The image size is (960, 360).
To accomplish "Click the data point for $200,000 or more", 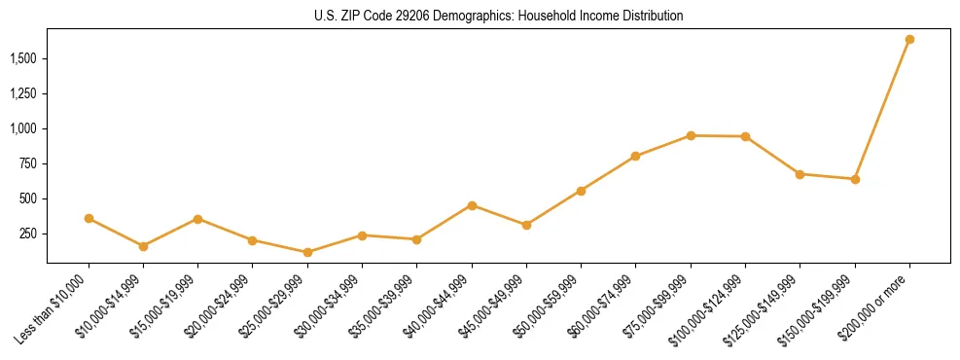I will [x=909, y=39].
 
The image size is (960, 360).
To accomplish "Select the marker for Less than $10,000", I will [x=89, y=218].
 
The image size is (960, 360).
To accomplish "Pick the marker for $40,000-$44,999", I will [x=472, y=205].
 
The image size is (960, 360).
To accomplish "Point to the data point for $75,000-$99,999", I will [x=691, y=135].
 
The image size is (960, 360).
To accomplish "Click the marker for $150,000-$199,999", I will [x=855, y=179].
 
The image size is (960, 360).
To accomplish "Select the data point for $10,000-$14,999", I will [x=143, y=246].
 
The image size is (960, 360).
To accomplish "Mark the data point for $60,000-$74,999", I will [x=635, y=156].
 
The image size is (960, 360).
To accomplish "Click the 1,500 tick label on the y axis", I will [x=24, y=58].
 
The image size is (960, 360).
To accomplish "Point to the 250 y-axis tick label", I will [x=29, y=234].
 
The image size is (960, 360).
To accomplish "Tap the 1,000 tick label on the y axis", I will [x=24, y=128].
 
